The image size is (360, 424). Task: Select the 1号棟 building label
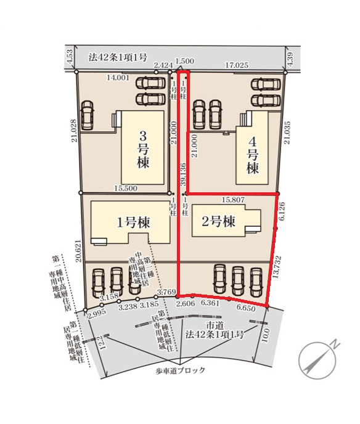(x=131, y=222)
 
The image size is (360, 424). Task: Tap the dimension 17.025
(x=237, y=64)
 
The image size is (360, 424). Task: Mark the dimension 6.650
(x=246, y=308)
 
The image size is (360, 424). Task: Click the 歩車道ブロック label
(x=181, y=372)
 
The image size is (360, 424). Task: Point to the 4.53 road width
(x=70, y=59)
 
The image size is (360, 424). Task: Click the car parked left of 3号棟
(x=88, y=115)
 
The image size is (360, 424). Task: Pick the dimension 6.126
(x=282, y=212)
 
